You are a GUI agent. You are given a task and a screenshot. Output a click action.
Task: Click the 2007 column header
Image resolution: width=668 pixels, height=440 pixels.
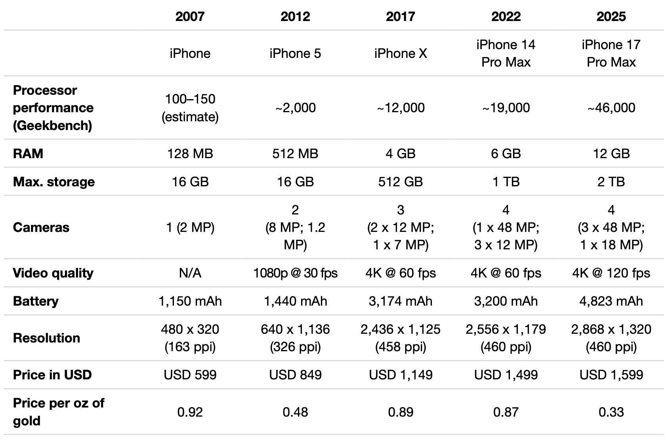click(x=190, y=16)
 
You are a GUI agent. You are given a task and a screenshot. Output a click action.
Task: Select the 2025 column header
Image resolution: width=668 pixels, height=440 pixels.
click(x=611, y=16)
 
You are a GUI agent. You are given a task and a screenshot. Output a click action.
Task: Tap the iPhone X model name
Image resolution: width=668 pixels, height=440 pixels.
click(x=401, y=54)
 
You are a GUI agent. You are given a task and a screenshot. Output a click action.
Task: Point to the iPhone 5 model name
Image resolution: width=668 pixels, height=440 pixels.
click(x=295, y=54)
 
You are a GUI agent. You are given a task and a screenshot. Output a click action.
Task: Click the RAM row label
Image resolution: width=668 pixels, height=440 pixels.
click(x=28, y=154)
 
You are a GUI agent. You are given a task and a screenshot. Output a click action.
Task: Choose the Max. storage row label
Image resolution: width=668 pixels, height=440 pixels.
click(x=53, y=182)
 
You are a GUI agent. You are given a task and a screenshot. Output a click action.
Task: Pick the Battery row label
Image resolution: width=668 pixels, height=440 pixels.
click(x=36, y=301)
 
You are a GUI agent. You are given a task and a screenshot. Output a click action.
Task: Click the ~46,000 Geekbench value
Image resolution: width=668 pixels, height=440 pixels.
click(x=611, y=108)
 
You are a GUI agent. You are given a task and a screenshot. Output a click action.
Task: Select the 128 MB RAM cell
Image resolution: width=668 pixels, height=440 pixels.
click(x=190, y=154)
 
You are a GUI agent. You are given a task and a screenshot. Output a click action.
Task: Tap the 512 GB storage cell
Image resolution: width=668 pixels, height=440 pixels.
click(x=401, y=182)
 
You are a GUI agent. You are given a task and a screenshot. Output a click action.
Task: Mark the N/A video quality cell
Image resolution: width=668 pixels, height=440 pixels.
click(x=190, y=273)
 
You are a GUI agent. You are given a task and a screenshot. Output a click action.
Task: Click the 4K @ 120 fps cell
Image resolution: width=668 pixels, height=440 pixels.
click(x=611, y=273)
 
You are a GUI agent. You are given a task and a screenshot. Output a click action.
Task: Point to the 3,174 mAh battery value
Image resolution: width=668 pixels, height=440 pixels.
click(x=401, y=301)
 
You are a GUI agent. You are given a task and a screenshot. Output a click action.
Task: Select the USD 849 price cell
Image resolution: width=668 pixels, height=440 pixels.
click(x=295, y=375)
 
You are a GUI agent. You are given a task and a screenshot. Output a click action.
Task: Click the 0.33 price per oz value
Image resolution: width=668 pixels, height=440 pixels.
click(x=611, y=412)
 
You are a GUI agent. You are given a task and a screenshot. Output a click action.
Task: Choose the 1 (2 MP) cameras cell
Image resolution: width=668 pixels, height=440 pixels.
click(x=190, y=228)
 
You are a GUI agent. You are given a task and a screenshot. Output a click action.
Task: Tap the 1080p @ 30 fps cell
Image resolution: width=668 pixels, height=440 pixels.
click(x=295, y=273)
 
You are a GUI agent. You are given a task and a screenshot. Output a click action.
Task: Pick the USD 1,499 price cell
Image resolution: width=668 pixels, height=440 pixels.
click(x=506, y=375)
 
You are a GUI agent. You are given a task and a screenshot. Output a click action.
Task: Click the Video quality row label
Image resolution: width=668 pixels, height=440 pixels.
click(x=53, y=273)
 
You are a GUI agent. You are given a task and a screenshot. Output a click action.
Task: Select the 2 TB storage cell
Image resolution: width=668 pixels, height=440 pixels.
click(x=611, y=182)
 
